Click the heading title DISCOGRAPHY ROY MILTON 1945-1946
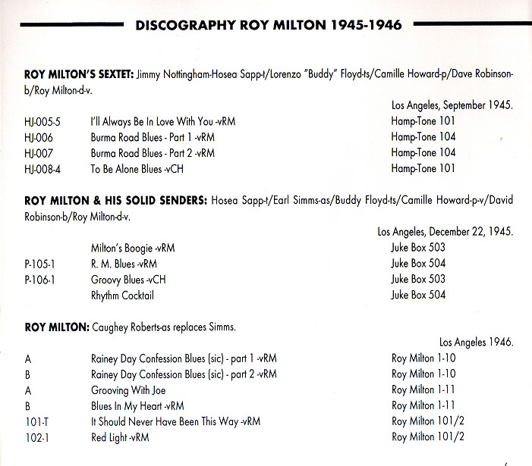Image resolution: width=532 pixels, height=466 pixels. coord(269,26)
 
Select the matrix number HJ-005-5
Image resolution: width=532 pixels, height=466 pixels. coord(40,121)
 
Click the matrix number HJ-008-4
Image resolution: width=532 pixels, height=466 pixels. coord(40,168)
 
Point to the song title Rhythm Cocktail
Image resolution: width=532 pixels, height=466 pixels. coord(121,295)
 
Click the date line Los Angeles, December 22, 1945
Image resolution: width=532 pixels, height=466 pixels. coord(445,231)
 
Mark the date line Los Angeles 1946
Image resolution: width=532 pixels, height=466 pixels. coord(476,342)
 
